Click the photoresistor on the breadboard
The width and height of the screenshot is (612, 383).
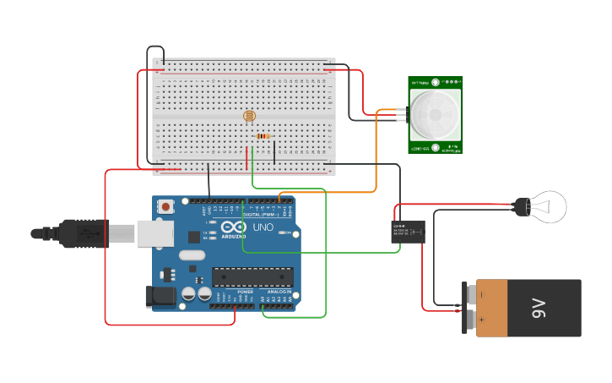click(249, 117)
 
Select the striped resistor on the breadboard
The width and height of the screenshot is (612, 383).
click(263, 136)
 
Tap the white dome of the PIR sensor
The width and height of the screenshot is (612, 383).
click(436, 114)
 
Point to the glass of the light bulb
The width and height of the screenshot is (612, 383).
click(547, 206)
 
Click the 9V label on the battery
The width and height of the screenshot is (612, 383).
click(540, 309)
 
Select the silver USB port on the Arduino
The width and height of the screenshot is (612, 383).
click(154, 233)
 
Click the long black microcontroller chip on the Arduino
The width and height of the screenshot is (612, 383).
click(252, 276)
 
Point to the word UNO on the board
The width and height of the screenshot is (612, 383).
click(263, 227)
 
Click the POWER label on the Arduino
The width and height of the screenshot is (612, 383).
click(244, 291)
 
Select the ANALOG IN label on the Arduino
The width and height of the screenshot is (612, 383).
click(279, 291)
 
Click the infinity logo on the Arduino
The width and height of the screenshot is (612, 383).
click(234, 227)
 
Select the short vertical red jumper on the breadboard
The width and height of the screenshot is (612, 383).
click(247, 158)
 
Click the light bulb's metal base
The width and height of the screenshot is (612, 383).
click(522, 205)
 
